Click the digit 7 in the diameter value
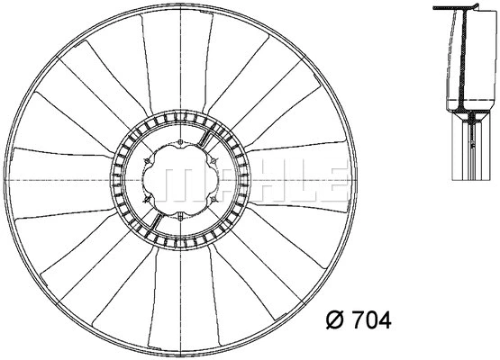358,318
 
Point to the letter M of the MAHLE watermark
194,180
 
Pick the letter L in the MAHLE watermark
295,180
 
